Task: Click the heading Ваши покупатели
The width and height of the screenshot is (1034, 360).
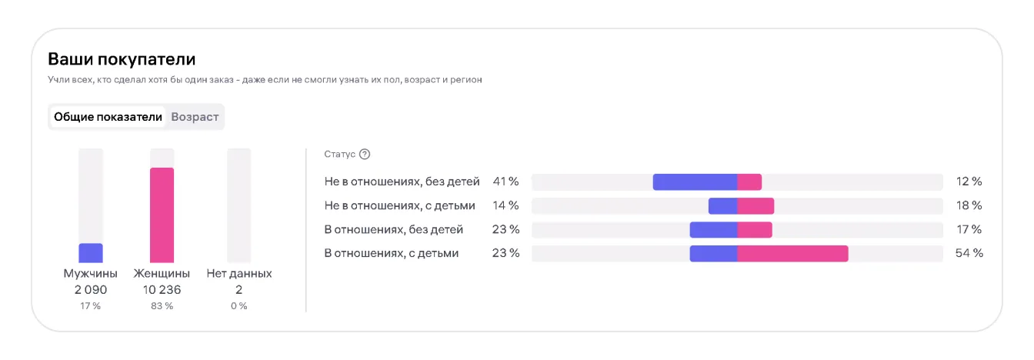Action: click(122, 58)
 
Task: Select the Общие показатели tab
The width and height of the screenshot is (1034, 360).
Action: click(108, 117)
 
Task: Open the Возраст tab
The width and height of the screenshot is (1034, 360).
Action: click(195, 117)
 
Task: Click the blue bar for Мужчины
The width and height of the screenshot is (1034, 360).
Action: click(91, 253)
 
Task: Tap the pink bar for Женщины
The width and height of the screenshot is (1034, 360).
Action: click(162, 215)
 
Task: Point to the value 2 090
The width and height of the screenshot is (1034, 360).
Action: click(91, 290)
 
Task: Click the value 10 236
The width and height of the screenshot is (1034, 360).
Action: click(162, 290)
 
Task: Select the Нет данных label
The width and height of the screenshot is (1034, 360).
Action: click(239, 273)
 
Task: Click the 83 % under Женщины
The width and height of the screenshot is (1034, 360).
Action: click(162, 306)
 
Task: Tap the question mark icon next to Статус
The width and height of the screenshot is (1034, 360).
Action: click(365, 154)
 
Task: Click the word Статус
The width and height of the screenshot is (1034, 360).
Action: click(340, 154)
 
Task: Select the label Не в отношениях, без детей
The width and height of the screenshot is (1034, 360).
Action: click(402, 182)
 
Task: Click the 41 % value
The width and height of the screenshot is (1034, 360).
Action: click(505, 182)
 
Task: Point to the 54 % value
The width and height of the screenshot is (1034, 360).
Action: click(969, 253)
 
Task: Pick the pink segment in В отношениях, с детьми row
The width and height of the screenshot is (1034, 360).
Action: click(792, 253)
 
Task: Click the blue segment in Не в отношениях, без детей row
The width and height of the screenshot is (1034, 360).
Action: click(695, 182)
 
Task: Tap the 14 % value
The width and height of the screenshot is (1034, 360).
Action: click(505, 205)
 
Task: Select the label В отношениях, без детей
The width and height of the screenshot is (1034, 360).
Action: click(394, 229)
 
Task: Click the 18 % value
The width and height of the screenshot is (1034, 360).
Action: click(969, 205)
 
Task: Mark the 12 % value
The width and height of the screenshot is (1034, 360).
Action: click(969, 182)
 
